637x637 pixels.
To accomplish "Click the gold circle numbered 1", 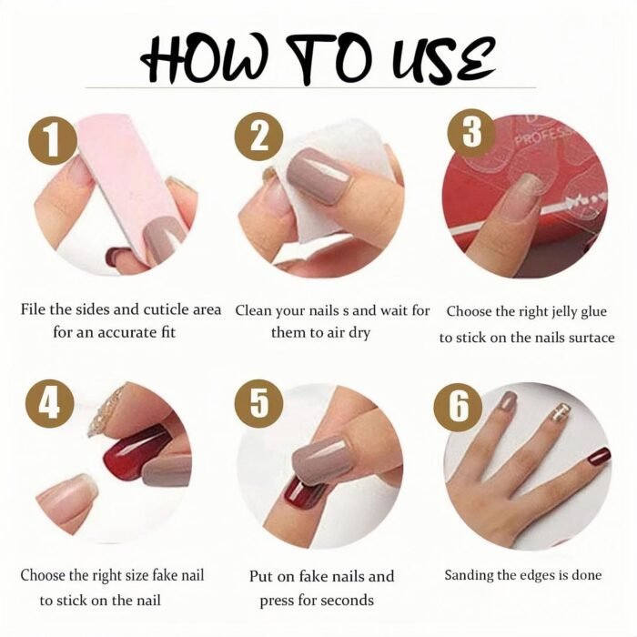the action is [53, 140].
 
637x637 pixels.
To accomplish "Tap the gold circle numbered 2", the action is [258, 136].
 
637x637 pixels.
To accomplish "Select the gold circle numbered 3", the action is [471, 133].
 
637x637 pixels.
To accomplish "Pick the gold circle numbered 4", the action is [50, 403].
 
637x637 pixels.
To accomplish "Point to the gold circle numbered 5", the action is [258, 403].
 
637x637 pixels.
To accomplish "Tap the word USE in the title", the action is [440, 60].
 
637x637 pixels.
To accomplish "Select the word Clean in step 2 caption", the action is [254, 311].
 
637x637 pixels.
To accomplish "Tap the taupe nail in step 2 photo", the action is [318, 175].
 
